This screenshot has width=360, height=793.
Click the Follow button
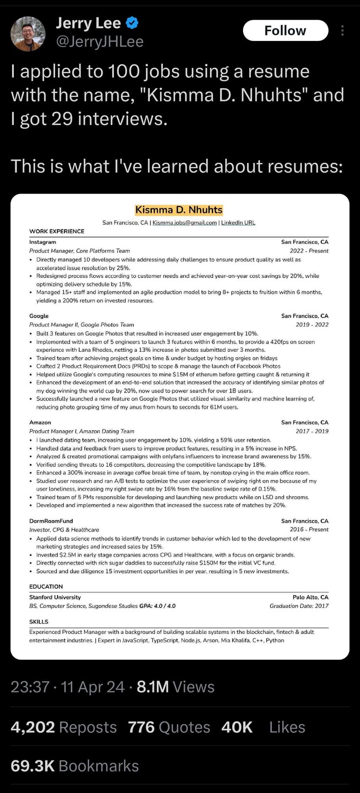(x=285, y=30)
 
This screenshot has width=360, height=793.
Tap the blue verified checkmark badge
(x=132, y=23)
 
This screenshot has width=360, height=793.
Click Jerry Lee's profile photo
(x=28, y=34)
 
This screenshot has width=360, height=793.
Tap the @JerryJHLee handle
(x=100, y=42)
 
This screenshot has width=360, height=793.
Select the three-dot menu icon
(x=343, y=30)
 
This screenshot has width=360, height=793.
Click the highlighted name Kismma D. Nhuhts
(x=179, y=210)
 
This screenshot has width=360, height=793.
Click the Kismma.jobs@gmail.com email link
(x=184, y=223)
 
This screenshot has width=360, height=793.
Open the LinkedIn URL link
(x=238, y=223)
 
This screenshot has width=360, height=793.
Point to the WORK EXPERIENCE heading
(x=57, y=231)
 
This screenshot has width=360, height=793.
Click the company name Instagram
(x=43, y=242)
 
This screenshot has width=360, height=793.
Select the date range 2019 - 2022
(x=312, y=325)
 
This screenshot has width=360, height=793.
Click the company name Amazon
(x=40, y=422)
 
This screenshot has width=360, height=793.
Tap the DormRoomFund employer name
(x=51, y=521)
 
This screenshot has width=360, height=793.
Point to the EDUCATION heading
(x=46, y=586)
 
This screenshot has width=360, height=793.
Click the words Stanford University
(x=55, y=597)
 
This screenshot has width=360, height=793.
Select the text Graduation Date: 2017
(x=299, y=606)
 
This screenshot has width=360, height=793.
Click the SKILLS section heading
(x=39, y=622)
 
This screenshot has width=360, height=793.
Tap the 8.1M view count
(x=153, y=687)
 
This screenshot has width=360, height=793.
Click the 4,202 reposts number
(x=33, y=727)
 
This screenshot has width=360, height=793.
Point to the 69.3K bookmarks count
(x=33, y=766)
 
